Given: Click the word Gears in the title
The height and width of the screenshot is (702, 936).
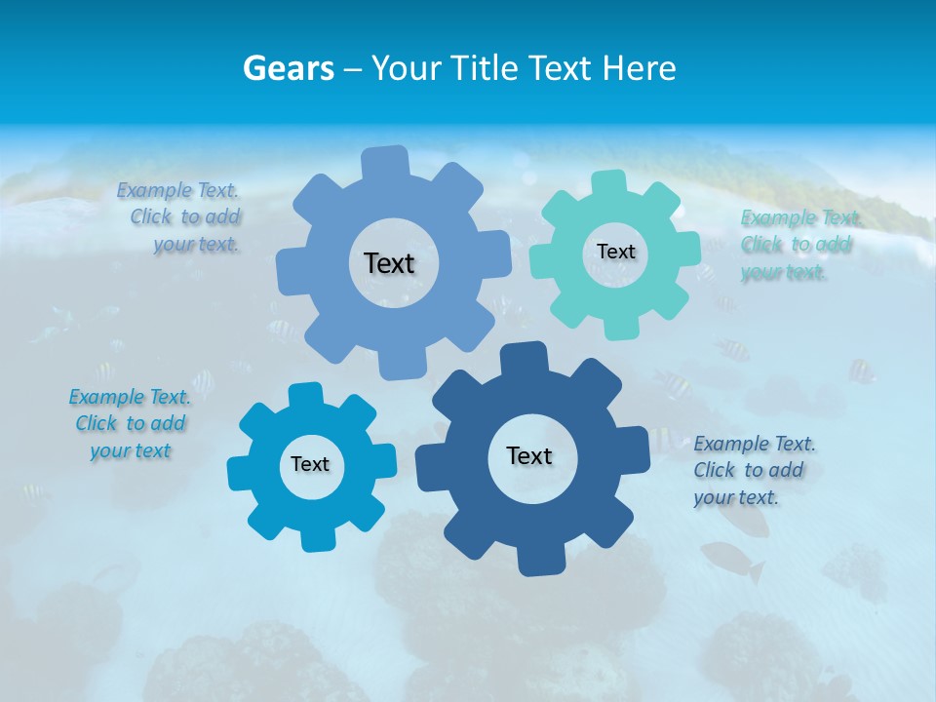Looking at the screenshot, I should coord(289,68).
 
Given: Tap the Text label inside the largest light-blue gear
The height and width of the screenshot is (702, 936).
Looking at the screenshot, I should coord(389,263).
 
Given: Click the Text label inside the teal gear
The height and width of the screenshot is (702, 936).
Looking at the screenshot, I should coord(615,252).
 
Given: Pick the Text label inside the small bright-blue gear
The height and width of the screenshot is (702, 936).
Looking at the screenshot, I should coord(310,464).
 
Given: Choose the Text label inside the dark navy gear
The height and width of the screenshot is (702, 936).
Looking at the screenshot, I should coord(529,455).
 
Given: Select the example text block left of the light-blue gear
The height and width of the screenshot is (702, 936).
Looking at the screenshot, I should coord(179,217).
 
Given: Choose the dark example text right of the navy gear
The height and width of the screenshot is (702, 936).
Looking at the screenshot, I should coord(754,470).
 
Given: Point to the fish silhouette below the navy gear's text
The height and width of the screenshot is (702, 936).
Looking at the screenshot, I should coord(733,561).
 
